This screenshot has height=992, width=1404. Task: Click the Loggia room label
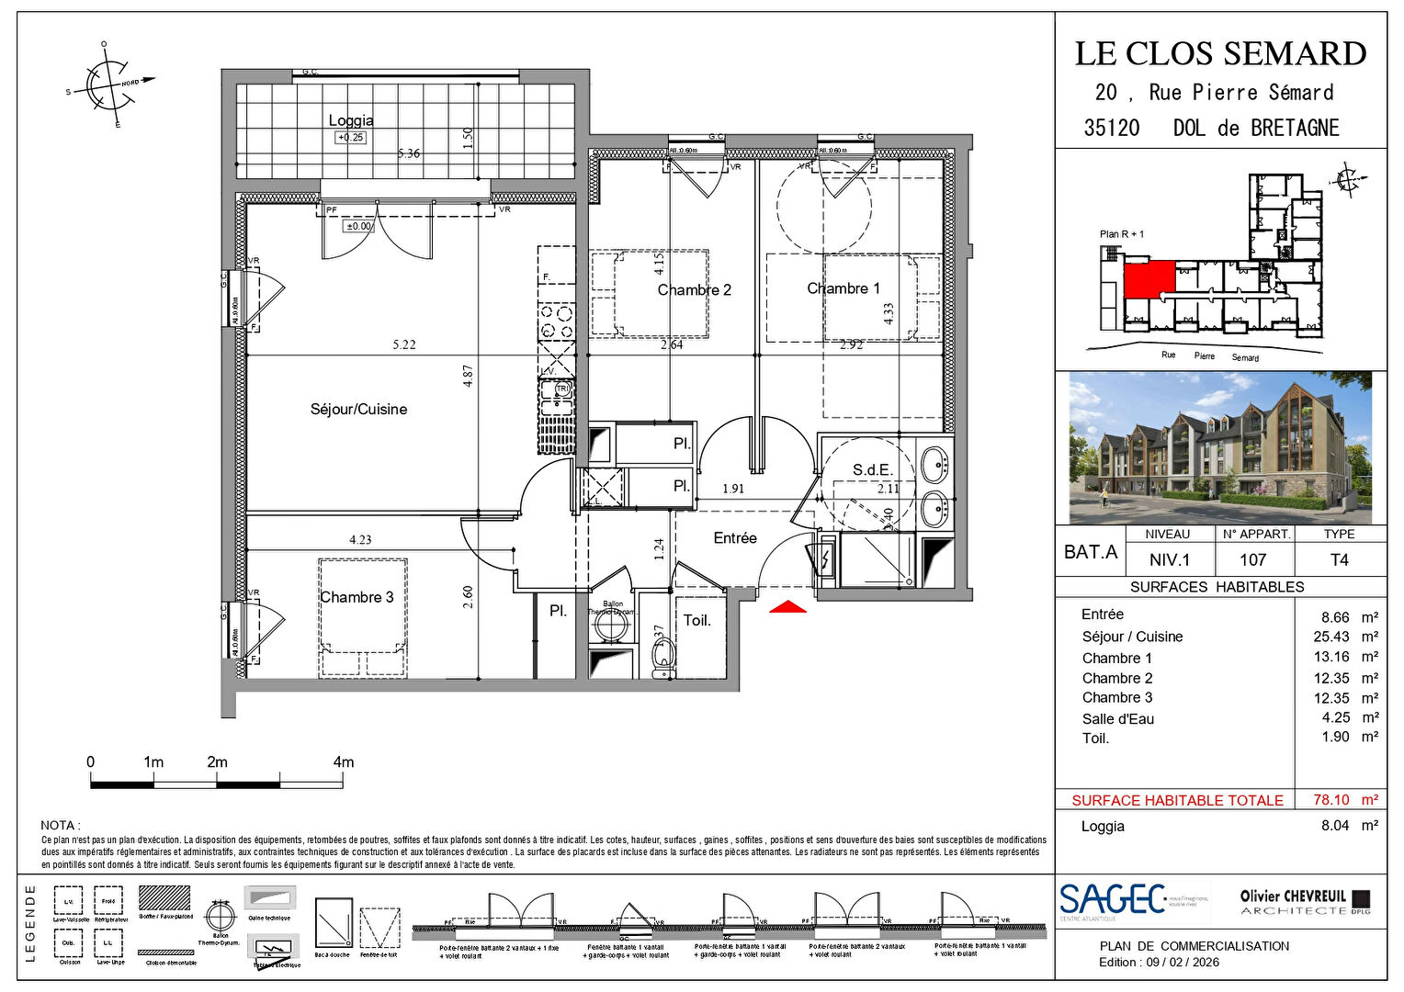click(351, 120)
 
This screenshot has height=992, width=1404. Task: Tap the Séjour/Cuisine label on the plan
click(358, 410)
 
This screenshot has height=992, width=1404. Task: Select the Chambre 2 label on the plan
click(694, 290)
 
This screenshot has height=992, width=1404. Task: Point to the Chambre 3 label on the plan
click(357, 597)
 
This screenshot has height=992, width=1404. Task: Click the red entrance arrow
click(787, 607)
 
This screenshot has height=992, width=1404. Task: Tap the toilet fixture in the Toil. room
click(662, 656)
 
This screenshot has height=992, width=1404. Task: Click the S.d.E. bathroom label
click(872, 470)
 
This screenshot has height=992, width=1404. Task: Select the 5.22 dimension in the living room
click(404, 345)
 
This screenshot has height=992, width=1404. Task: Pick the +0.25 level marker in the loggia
click(350, 138)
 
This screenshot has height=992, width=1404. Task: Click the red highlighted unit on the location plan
click(1149, 278)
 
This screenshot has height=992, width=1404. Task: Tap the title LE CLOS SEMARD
click(1220, 53)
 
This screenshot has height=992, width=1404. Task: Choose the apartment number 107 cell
click(1253, 559)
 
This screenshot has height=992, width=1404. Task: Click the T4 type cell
click(1339, 559)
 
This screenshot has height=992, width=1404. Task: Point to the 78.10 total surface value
click(1331, 800)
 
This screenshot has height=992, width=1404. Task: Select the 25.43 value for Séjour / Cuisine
click(1331, 637)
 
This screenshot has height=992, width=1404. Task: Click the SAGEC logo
click(1112, 900)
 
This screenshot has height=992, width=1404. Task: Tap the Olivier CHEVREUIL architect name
click(1293, 896)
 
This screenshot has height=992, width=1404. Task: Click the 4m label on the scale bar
click(343, 762)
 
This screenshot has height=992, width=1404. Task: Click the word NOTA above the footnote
click(60, 826)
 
